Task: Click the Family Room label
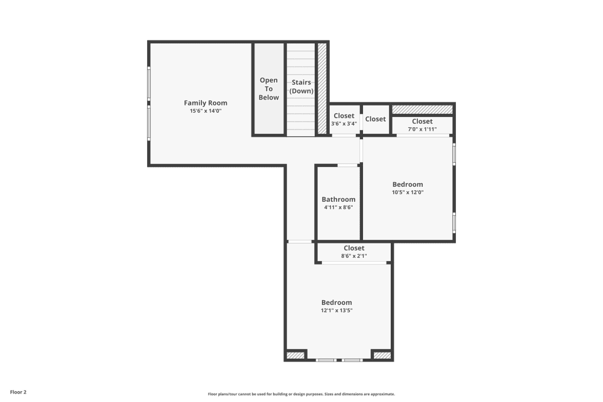206,103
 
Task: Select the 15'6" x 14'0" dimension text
206,111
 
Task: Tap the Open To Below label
269,89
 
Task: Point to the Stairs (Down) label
301,86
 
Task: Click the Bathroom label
338,199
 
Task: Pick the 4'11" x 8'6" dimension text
338,207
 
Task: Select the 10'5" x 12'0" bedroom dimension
408,193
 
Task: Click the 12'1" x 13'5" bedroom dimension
336,311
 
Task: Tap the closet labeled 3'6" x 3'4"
344,124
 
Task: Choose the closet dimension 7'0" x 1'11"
422,129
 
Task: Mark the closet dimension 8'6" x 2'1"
354,256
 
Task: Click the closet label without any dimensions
375,119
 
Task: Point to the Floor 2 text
18,392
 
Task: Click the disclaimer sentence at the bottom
301,394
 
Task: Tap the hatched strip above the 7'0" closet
422,109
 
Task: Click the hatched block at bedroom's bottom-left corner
295,356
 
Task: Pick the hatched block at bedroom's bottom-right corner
382,356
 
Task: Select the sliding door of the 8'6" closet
354,263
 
